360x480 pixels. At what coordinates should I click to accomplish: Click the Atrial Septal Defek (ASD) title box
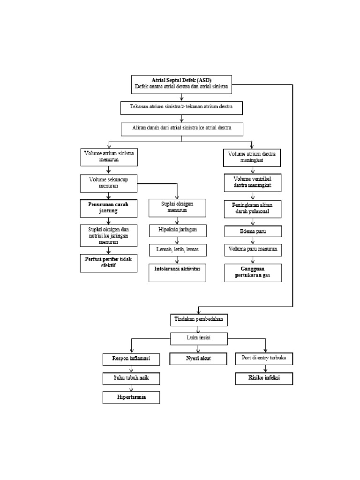tap(181, 83)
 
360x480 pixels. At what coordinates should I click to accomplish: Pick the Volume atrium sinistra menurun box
tap(109, 157)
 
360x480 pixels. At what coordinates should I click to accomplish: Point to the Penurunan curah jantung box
tap(109, 208)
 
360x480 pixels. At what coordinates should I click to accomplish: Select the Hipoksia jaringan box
tap(177, 231)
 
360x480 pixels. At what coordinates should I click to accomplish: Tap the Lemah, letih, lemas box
tap(177, 250)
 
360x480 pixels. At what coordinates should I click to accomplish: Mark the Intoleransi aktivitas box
tap(177, 273)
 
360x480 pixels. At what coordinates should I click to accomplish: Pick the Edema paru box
tap(252, 232)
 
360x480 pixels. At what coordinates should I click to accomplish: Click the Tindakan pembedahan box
tap(199, 320)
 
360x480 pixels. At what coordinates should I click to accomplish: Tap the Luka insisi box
tap(199, 338)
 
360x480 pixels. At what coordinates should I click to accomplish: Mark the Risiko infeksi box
tap(264, 378)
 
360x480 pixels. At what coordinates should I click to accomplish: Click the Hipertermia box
tap(131, 397)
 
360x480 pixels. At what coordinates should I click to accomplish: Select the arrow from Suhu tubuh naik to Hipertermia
tap(131, 388)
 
